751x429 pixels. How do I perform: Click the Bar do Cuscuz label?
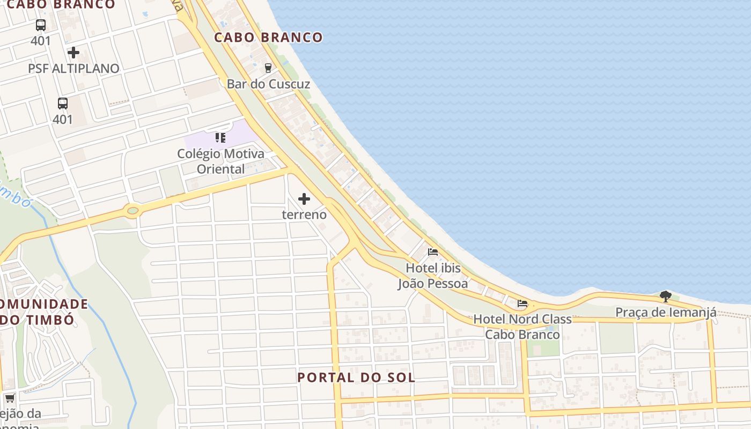coord(268,84)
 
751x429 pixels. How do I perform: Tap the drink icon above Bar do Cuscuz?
coord(268,68)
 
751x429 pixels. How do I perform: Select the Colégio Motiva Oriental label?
coord(220,161)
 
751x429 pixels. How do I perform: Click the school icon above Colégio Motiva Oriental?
coord(220,138)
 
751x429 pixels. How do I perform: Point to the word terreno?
coord(304,214)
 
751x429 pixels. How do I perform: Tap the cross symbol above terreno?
coord(304,199)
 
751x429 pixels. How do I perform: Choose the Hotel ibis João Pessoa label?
coord(433,276)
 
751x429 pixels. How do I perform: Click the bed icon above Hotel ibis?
coord(433,252)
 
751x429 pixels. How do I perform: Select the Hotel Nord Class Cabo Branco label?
coord(522,327)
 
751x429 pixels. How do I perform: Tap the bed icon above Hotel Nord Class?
coord(522,304)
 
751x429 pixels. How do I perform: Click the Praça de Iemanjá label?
coord(665,312)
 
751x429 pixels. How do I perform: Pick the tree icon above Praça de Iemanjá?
coord(665,296)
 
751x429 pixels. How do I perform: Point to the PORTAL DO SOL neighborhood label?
coord(356,378)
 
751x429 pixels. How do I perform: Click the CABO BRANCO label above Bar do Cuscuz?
coord(268,38)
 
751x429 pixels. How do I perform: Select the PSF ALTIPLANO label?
coord(73,69)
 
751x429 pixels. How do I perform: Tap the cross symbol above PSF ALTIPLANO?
coord(73,53)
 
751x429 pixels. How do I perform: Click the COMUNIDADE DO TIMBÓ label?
coord(43,312)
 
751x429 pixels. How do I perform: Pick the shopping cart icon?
coord(10,398)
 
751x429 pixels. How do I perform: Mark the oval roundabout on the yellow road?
coord(132,210)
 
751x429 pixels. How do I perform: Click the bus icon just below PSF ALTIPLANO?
coord(63,103)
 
